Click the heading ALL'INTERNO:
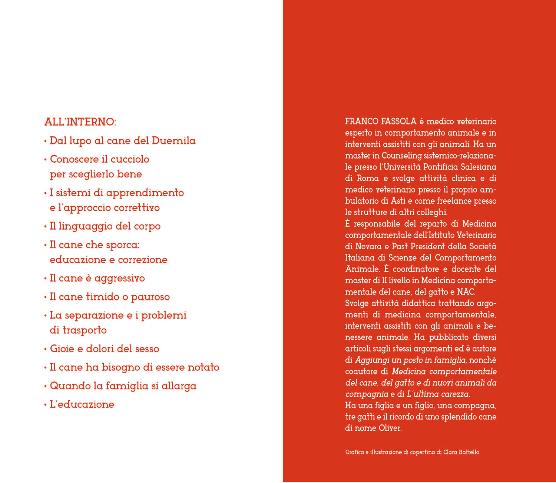80,122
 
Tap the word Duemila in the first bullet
173,141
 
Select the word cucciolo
130,159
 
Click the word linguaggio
86,226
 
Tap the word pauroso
150,297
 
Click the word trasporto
85,330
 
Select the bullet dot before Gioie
46,349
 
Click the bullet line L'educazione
82,404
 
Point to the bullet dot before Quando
46,386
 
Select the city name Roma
368,178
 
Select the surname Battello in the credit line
469,452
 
